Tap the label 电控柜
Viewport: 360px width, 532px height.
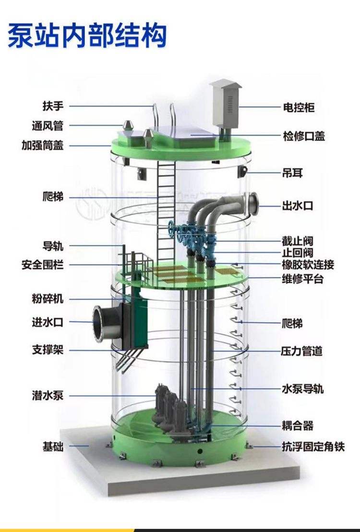click(x=299, y=107)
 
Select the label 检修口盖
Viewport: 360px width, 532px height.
click(x=304, y=136)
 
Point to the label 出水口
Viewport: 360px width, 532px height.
click(x=298, y=206)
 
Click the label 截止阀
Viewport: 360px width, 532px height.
click(x=298, y=241)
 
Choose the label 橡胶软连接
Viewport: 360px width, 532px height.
click(x=308, y=265)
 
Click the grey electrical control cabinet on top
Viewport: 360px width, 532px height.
click(x=225, y=103)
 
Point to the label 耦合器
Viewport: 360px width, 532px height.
click(x=298, y=425)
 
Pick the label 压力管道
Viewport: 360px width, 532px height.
click(x=301, y=351)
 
